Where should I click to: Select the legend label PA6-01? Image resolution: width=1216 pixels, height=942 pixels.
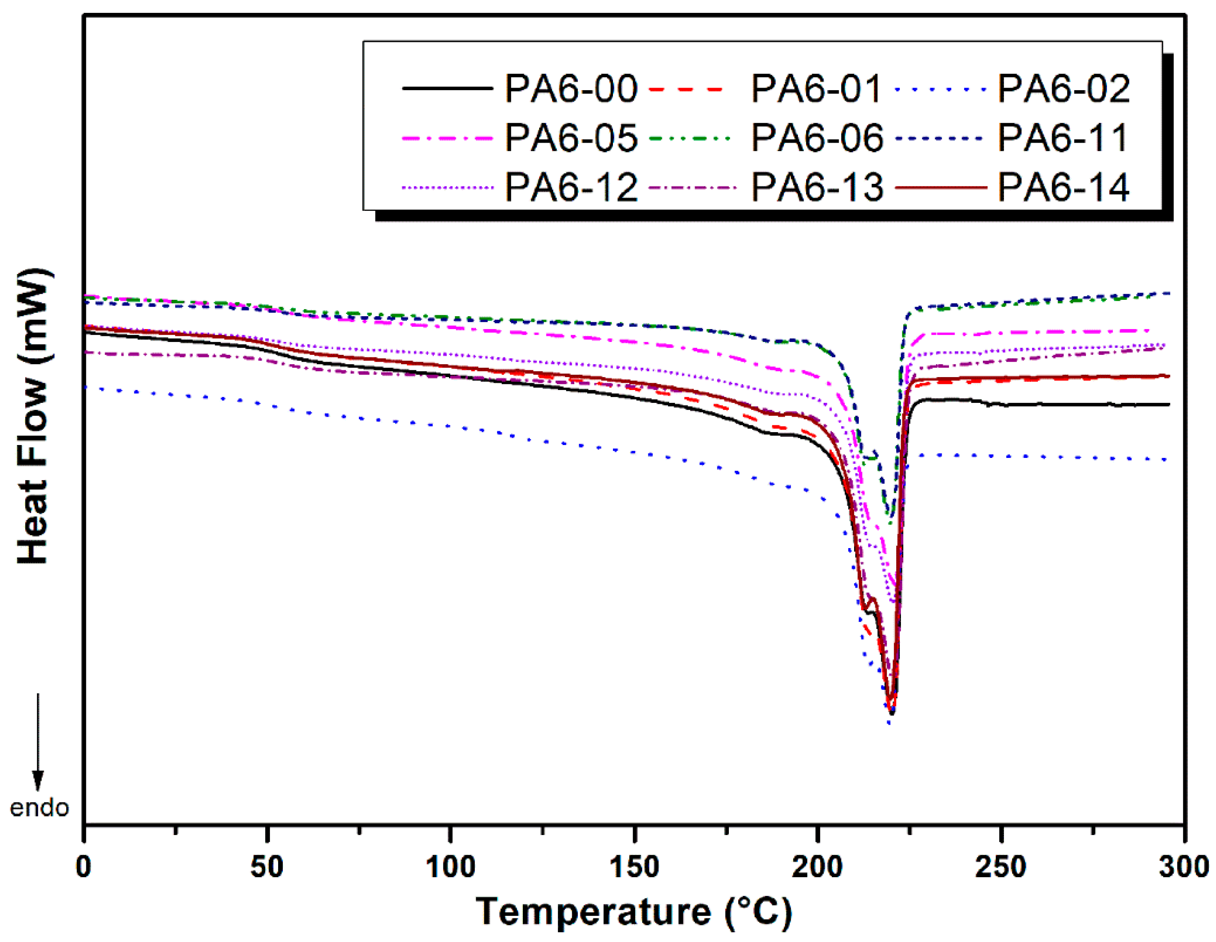point(816,88)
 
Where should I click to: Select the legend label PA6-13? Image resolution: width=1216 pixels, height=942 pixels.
point(816,187)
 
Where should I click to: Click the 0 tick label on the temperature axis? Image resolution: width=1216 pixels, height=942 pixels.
point(84,867)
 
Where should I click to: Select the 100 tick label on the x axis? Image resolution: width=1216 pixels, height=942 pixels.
point(450,867)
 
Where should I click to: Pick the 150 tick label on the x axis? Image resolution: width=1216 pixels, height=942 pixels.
point(634,867)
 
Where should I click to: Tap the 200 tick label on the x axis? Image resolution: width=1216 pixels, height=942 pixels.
point(817,867)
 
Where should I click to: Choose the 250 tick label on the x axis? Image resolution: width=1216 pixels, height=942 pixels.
point(1000,867)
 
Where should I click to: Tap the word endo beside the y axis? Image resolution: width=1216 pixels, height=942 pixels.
point(39,808)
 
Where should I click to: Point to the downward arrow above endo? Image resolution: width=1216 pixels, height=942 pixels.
point(38,741)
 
